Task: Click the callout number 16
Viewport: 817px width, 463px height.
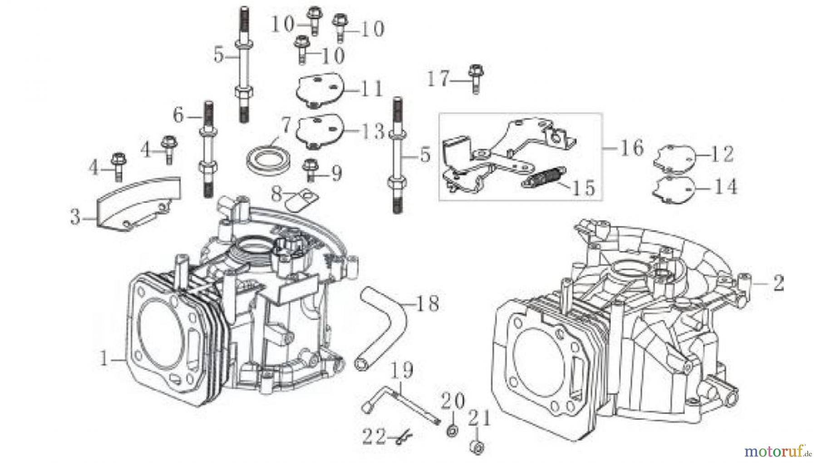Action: pyautogui.click(x=631, y=148)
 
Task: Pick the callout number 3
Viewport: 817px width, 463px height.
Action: pyautogui.click(x=75, y=217)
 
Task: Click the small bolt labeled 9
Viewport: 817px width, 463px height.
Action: pyautogui.click(x=310, y=170)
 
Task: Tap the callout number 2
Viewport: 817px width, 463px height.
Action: pyautogui.click(x=778, y=284)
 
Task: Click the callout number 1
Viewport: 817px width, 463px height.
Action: pyautogui.click(x=104, y=360)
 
